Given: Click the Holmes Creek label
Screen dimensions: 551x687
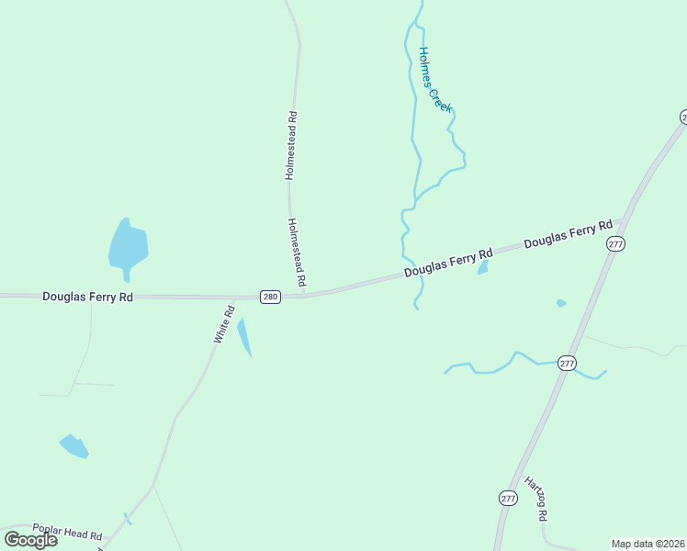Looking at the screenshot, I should [x=435, y=80].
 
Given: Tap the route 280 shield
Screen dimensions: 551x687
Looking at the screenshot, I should [x=269, y=297].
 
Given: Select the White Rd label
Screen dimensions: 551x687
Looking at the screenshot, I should [x=225, y=325].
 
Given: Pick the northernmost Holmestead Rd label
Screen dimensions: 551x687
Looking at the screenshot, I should [x=291, y=144].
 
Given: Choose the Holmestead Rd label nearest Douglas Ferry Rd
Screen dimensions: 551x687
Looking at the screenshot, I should [x=296, y=251].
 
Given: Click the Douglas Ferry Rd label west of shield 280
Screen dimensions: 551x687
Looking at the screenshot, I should [x=88, y=296].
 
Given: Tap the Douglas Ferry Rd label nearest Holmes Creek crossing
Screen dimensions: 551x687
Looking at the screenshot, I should [x=449, y=264].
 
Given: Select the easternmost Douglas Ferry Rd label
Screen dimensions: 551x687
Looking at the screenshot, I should [x=568, y=233].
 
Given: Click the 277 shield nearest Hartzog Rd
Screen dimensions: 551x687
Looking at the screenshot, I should [x=509, y=498].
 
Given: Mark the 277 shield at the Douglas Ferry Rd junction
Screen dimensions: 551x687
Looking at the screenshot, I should [x=615, y=243].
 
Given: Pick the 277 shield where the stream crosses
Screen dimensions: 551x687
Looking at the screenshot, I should [x=567, y=363].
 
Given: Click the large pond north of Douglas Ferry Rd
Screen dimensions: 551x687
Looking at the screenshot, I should [x=128, y=245].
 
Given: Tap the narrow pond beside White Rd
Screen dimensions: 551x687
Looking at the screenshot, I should [x=244, y=337].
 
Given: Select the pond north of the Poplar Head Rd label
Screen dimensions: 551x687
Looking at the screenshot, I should [x=74, y=446].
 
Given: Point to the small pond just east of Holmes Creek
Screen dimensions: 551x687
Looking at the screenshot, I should [x=482, y=267].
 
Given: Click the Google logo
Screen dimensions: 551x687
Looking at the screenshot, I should [x=31, y=539].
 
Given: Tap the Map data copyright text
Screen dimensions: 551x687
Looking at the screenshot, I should [x=648, y=543].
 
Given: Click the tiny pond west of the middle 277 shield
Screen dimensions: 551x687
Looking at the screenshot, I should [x=561, y=303].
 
